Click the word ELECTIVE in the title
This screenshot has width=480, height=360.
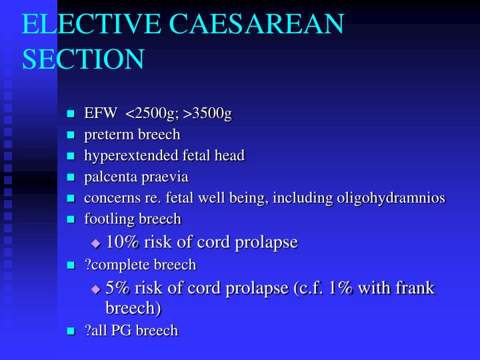pyautogui.click(x=91, y=24)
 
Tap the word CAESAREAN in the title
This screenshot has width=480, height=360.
pyautogui.click(x=256, y=24)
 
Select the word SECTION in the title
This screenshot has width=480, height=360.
pyautogui.click(x=83, y=59)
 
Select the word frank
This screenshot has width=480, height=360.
pyautogui.click(x=418, y=288)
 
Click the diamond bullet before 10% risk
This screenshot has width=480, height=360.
pyautogui.click(x=95, y=243)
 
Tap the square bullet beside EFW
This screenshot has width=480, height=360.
pyautogui.click(x=71, y=114)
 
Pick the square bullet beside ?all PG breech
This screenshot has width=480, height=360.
pyautogui.click(x=71, y=331)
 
